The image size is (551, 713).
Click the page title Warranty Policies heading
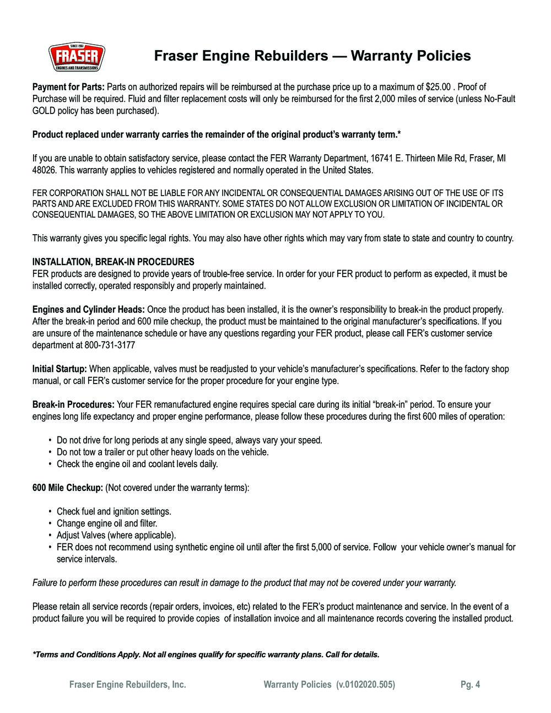312,56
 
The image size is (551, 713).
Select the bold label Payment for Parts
68,87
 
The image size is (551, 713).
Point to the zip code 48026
44,170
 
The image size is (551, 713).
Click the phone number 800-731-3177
110,345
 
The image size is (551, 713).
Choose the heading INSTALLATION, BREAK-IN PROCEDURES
113,262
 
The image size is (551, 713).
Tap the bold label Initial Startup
60,369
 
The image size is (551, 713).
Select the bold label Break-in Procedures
73,405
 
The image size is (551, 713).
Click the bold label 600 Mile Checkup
68,488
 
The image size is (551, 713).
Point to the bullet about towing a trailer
163,452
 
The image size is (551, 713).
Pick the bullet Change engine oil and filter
107,523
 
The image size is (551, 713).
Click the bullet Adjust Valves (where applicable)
116,536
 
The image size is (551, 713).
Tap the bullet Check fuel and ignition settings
114,512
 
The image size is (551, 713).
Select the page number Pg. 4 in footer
470,685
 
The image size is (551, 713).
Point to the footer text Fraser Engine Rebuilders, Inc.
127,685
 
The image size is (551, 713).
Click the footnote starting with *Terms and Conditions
206,655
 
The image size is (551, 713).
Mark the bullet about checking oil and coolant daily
137,464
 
